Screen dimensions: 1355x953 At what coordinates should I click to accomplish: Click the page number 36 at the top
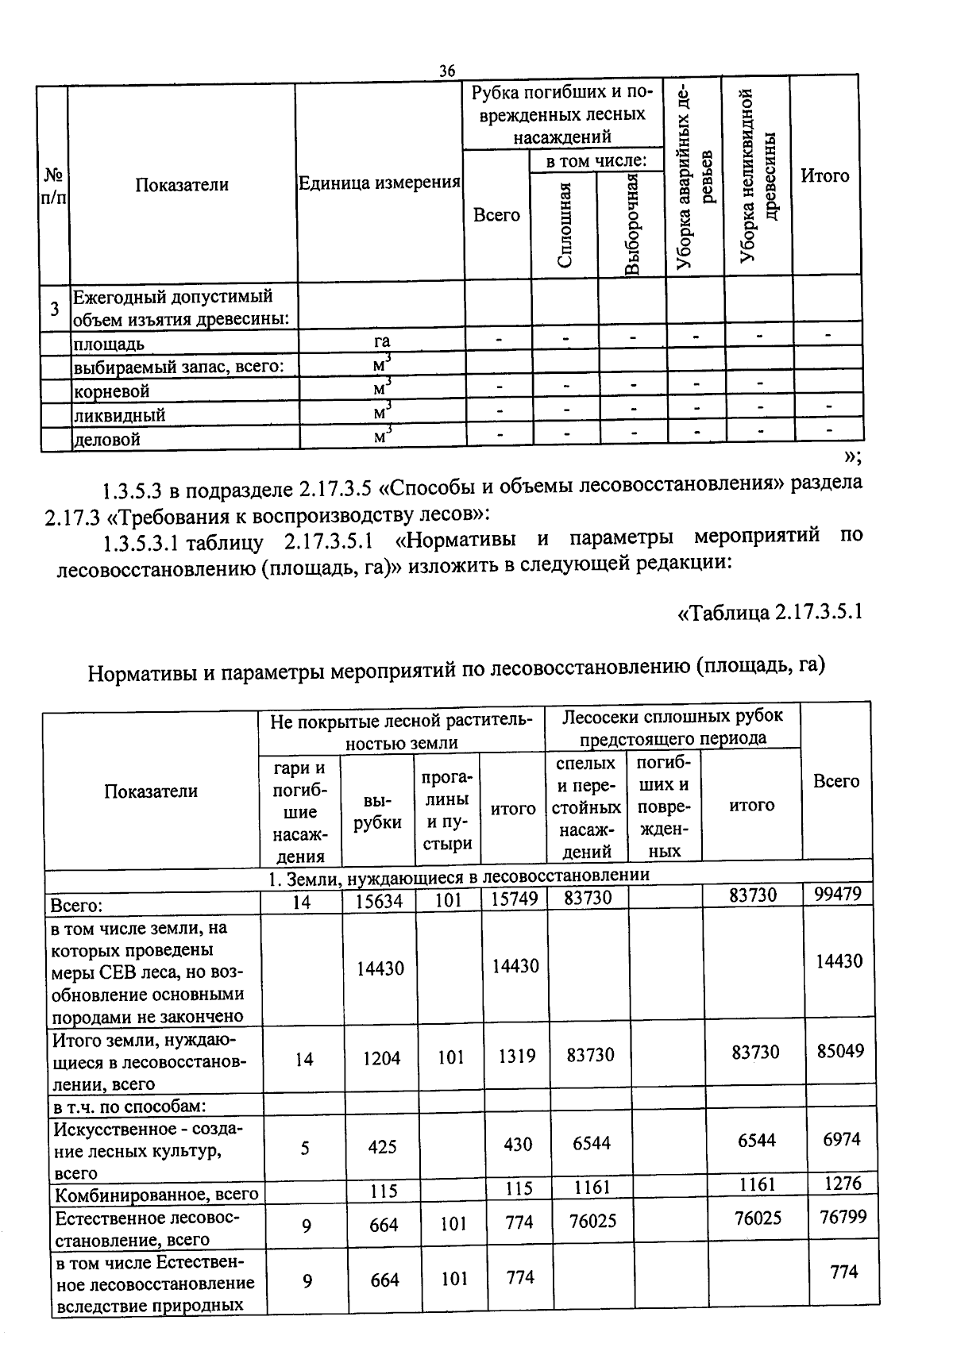(447, 71)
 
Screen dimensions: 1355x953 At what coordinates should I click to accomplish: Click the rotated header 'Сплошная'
(565, 225)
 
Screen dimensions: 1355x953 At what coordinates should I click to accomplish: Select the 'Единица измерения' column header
(379, 183)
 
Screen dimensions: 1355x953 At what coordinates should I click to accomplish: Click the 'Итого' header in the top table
(824, 176)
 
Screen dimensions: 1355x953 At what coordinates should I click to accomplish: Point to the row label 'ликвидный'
(119, 415)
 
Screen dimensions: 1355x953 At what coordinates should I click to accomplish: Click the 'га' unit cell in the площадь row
(382, 341)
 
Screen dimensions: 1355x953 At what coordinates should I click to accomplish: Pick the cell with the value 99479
(838, 895)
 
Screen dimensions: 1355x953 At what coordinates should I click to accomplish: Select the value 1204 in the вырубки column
(381, 1058)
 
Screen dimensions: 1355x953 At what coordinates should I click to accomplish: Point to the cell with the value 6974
(840, 1139)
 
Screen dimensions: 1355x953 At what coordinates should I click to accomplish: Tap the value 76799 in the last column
(843, 1216)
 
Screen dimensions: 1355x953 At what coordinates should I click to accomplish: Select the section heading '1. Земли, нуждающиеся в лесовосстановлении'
(458, 875)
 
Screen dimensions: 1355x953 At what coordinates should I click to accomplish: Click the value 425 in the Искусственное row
(382, 1147)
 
